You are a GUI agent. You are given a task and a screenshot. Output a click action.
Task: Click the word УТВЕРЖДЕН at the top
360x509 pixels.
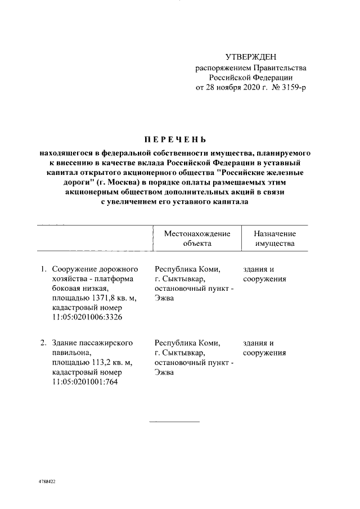click(x=251, y=57)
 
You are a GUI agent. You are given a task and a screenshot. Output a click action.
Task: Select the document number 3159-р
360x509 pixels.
click(x=293, y=88)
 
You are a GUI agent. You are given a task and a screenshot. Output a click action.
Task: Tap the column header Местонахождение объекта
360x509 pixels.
click(x=197, y=238)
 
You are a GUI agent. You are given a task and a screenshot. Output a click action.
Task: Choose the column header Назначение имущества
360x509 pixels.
click(x=274, y=238)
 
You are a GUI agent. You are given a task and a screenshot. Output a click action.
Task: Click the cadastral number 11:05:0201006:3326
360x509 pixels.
click(x=87, y=317)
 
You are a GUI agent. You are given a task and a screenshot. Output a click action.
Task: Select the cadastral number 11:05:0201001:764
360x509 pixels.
click(x=85, y=382)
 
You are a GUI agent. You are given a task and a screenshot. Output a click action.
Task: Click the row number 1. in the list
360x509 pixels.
click(x=43, y=269)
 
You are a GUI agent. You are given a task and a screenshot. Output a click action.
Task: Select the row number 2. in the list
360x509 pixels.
click(x=43, y=343)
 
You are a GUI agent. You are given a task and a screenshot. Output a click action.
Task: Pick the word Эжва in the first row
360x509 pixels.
click(x=164, y=298)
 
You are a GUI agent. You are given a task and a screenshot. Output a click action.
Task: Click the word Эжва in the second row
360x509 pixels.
click(x=164, y=372)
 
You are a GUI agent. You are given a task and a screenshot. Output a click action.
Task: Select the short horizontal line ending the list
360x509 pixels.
click(x=174, y=421)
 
